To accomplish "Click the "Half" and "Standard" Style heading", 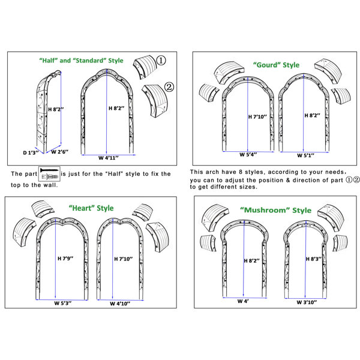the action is click(81, 61).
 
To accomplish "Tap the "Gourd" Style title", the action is click(276, 65).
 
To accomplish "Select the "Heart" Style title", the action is click(91, 208).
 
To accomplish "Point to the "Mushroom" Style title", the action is click(276, 210).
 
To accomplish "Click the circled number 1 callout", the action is click(161, 61).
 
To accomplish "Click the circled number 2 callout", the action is click(169, 87).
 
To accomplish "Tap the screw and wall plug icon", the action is click(49, 174).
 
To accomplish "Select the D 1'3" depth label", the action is click(31, 152).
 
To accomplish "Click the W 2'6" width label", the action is click(59, 152).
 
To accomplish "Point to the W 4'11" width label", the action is click(109, 158).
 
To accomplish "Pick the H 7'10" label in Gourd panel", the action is click(257, 116).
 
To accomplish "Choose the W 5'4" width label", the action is click(248, 155).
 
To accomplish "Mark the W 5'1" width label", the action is click(305, 155).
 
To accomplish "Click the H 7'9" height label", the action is click(65, 259).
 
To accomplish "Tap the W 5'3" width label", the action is click(63, 303).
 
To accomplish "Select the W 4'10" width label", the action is click(120, 304).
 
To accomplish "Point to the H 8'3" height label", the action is click(314, 259).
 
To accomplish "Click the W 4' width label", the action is click(243, 301).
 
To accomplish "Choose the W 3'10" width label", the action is click(307, 302).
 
